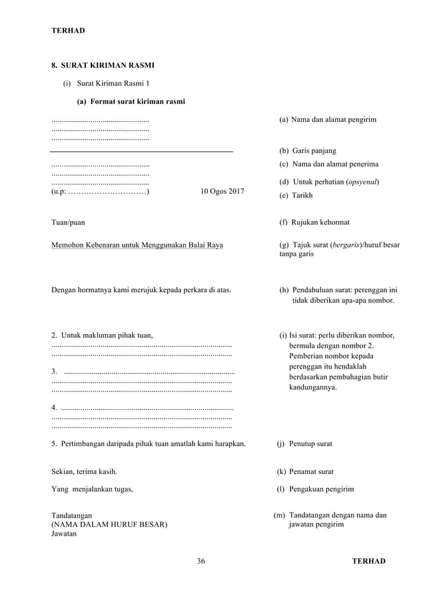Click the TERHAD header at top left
click(x=69, y=31)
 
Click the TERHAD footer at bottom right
click(x=368, y=561)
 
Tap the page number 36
click(x=201, y=561)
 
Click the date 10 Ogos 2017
click(x=222, y=192)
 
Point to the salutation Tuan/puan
click(x=68, y=222)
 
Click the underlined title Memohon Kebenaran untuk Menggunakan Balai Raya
click(x=137, y=245)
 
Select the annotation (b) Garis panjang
click(x=308, y=151)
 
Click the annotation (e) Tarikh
click(x=296, y=196)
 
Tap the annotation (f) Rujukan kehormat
click(x=314, y=222)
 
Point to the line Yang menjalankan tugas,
click(x=92, y=489)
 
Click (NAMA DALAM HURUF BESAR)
click(x=109, y=524)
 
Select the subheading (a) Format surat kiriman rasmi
click(x=131, y=101)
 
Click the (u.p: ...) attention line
click(x=100, y=192)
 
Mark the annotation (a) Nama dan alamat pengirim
click(x=328, y=119)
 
